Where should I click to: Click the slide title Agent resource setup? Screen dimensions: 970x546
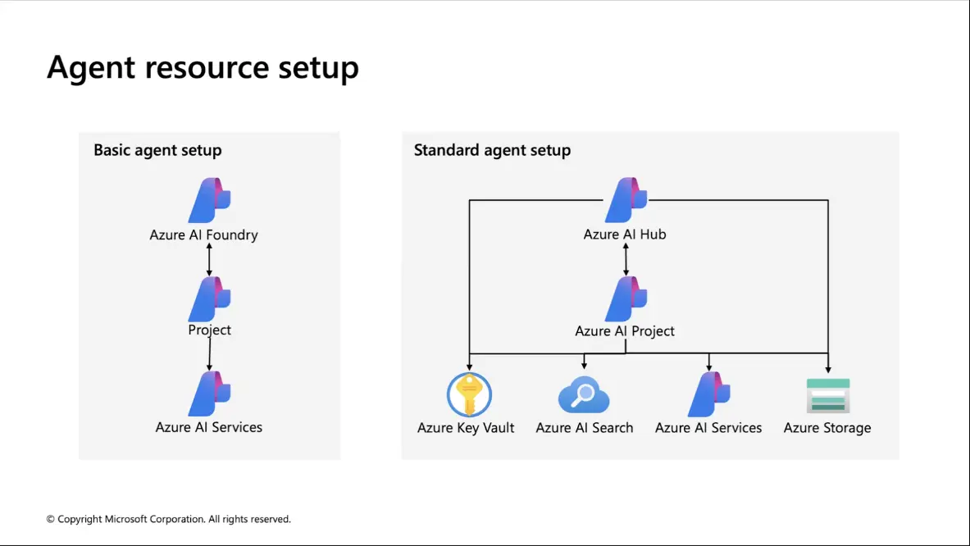coord(203,68)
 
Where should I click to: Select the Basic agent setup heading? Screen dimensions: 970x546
coord(157,150)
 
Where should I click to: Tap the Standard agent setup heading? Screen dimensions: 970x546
coord(493,150)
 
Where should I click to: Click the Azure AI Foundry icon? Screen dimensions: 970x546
coord(209,200)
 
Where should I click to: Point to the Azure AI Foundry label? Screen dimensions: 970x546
coord(203,235)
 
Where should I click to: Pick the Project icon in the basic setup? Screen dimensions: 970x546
coord(209,298)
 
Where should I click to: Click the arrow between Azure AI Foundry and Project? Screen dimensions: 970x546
coord(209,259)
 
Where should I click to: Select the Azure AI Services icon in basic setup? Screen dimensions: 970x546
coord(209,394)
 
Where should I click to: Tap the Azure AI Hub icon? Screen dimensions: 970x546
coord(626,200)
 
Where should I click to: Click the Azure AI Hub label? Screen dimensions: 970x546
coord(625,234)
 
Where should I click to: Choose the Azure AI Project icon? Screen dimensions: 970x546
coord(626,298)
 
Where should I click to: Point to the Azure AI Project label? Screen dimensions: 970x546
coord(625,331)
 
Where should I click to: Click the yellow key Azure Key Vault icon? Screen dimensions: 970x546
coord(470,394)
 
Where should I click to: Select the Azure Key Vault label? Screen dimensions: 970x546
coord(466,428)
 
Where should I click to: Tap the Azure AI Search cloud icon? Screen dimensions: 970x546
coord(584,394)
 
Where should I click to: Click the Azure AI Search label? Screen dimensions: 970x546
coord(585,428)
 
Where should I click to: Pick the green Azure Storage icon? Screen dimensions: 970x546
coord(828,396)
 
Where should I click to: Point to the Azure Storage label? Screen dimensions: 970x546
coord(827,428)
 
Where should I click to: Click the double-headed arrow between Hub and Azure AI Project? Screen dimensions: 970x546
coord(626,259)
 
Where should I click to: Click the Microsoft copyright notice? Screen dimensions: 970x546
coord(168,520)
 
